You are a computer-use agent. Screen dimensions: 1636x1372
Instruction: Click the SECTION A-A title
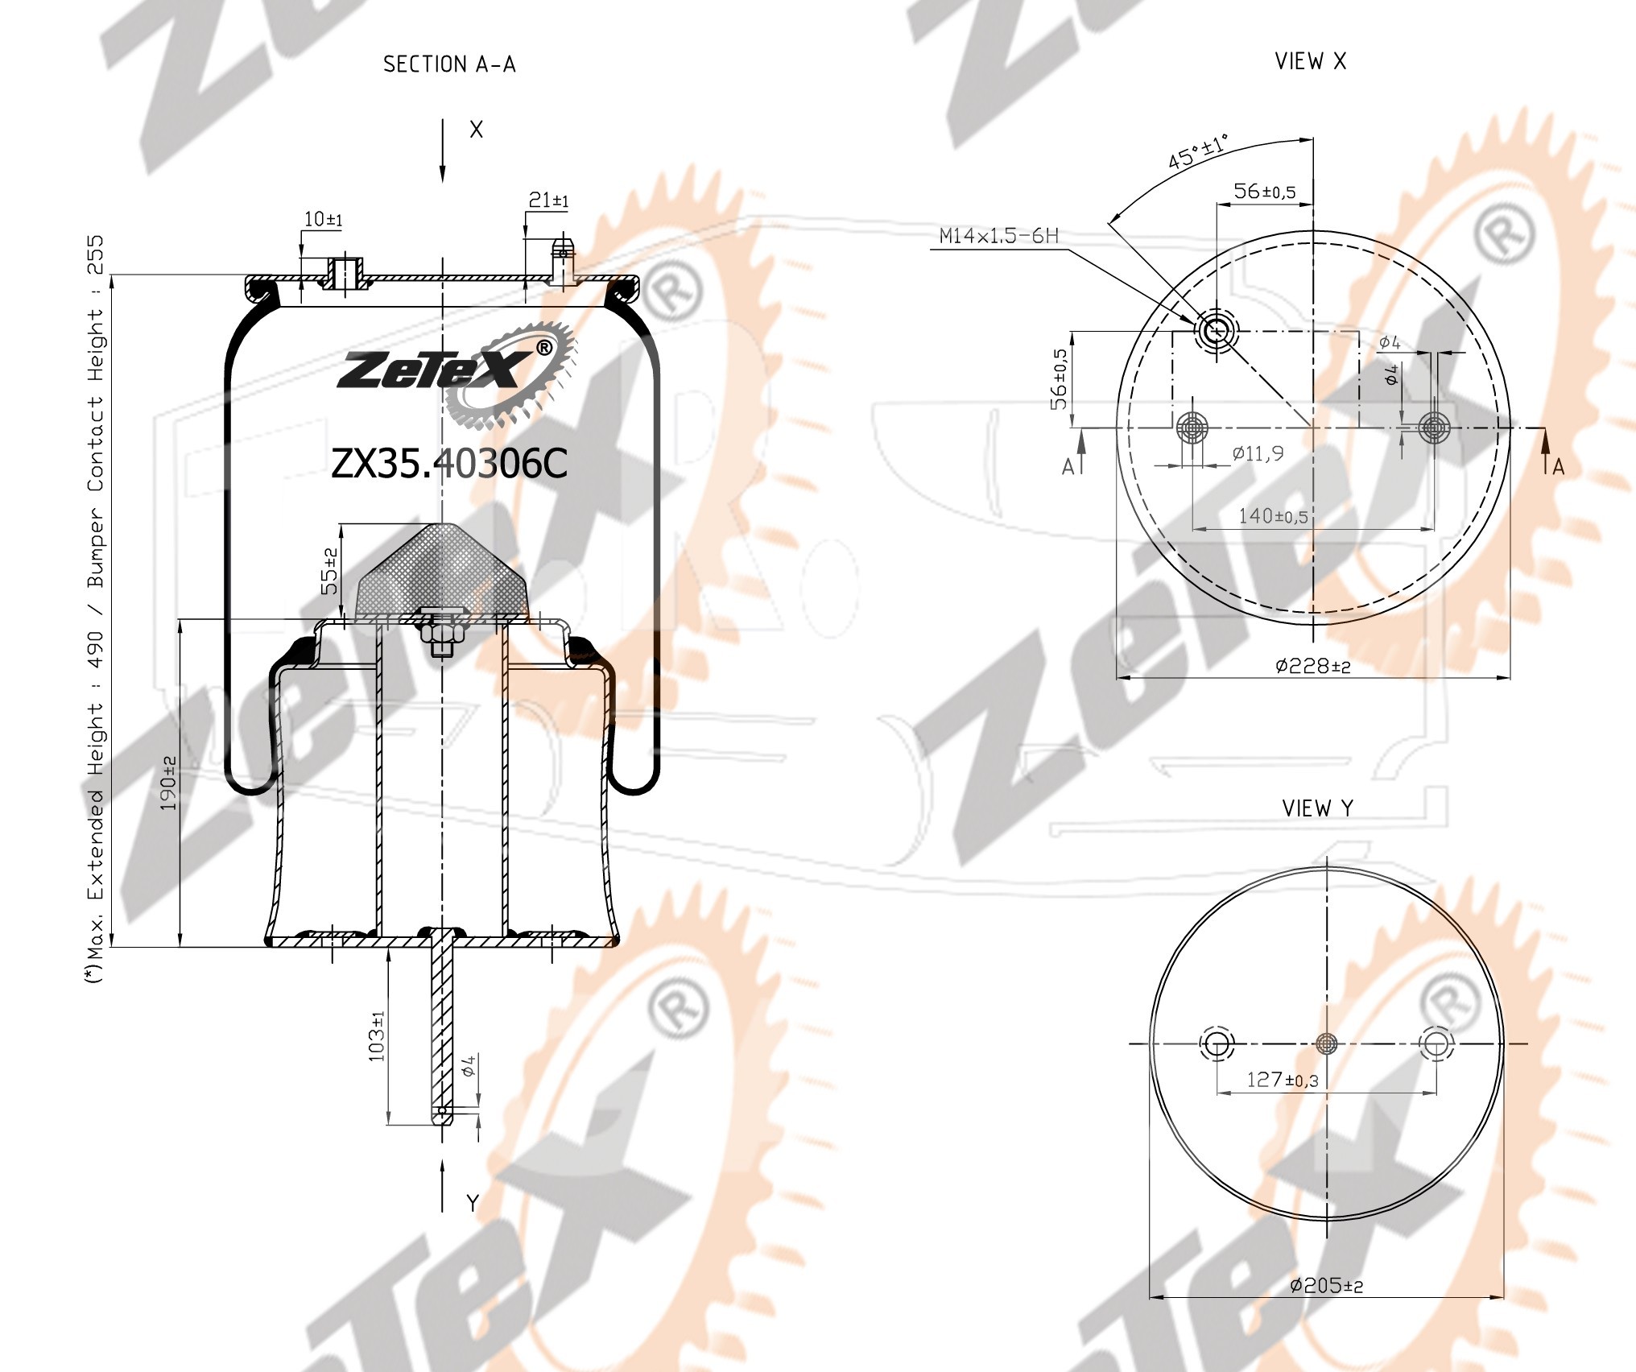coord(449,64)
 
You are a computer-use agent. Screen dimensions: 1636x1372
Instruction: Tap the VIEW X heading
coord(1311,61)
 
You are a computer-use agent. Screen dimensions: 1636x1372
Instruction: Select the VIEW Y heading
coord(1318,808)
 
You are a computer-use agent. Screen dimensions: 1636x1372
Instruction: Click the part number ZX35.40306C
coord(449,464)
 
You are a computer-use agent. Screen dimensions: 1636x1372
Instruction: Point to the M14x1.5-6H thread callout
coord(998,236)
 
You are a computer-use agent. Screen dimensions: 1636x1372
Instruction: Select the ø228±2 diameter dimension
coord(1312,666)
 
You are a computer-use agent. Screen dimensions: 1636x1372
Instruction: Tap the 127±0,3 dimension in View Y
coord(1283,1080)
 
